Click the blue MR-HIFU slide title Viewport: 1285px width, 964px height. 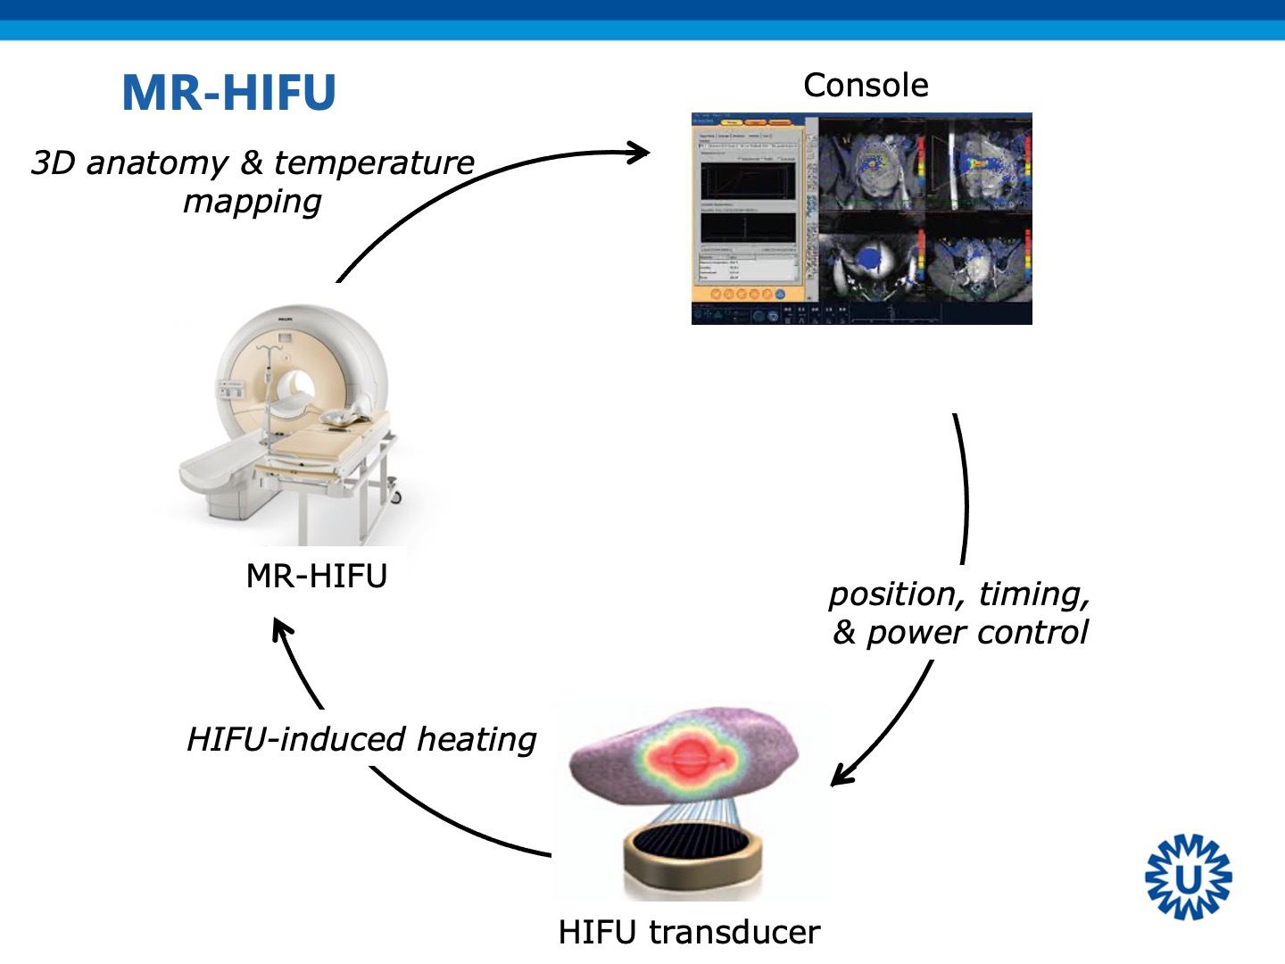click(228, 93)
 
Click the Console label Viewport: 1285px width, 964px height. click(866, 86)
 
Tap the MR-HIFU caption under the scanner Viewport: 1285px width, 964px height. click(316, 576)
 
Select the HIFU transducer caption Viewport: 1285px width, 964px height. click(689, 932)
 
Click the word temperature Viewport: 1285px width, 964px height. click(374, 163)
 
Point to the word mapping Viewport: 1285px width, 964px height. click(253, 203)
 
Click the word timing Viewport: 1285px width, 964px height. click(1033, 594)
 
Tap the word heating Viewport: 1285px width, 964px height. click(477, 740)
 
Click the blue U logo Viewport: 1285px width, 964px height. click(1188, 877)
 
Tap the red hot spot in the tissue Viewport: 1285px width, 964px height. click(688, 760)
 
